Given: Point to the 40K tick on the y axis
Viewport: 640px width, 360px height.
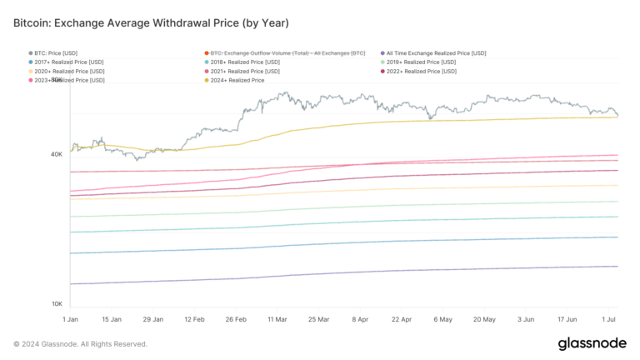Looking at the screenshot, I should pos(57,154).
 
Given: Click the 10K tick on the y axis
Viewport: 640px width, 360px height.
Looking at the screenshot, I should pos(57,304).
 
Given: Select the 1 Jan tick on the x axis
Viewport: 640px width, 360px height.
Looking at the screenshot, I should pos(71,319).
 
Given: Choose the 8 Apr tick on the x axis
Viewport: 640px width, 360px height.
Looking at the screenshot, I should pos(361,319).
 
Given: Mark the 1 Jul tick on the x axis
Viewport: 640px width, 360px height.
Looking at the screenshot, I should pos(610,319).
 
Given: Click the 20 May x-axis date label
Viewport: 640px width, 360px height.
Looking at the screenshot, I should pos(484,319).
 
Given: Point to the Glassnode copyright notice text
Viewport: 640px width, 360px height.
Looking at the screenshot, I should pos(81,344).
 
